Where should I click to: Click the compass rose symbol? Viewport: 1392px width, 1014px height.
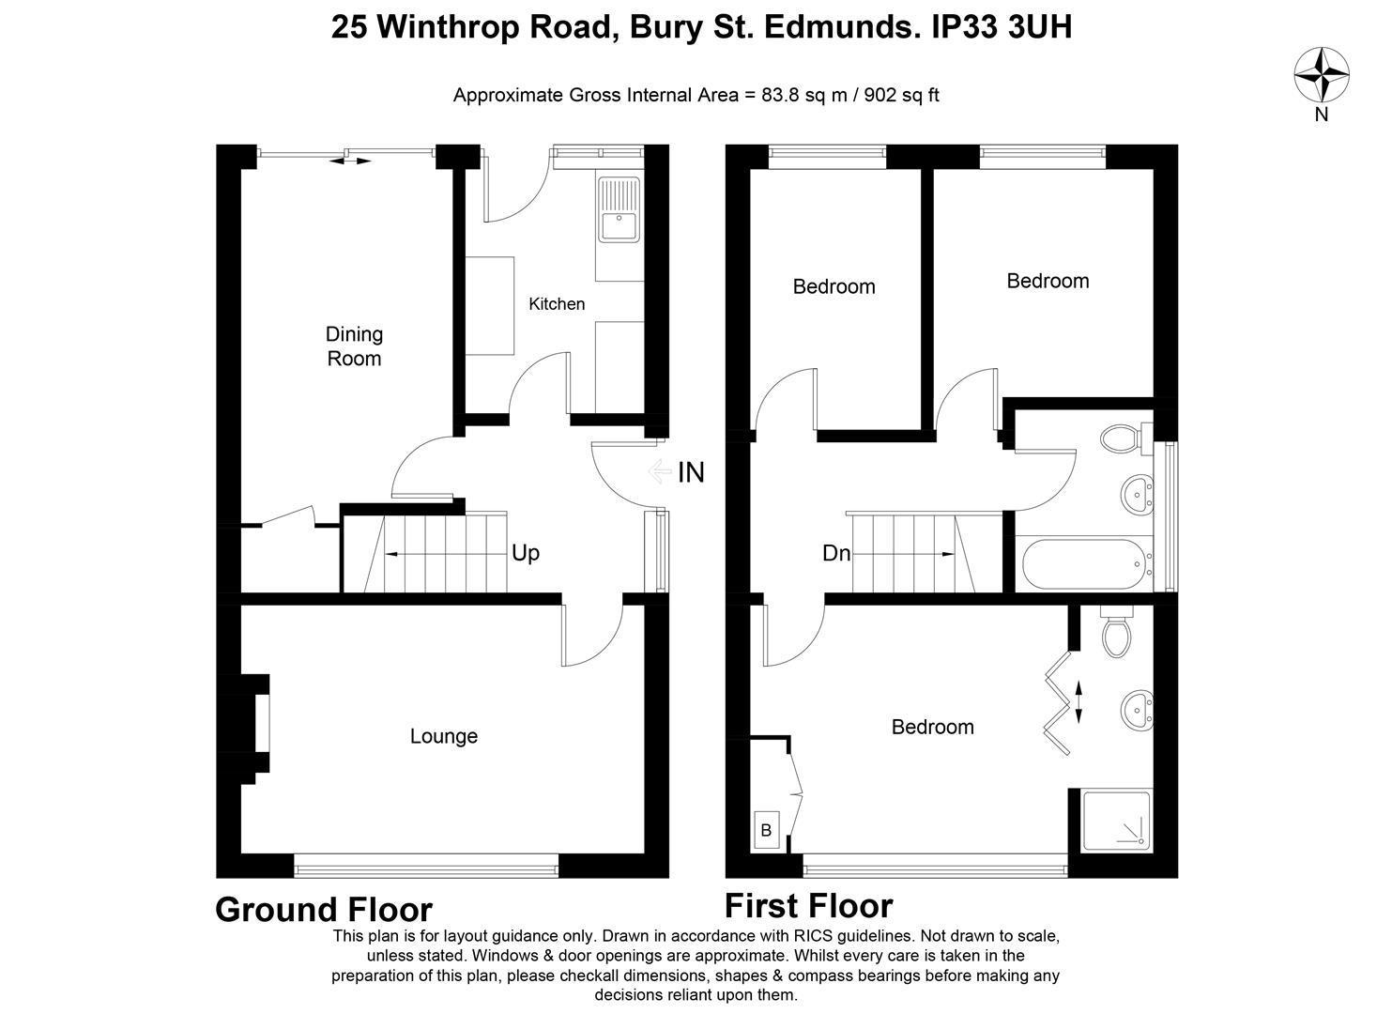point(1322,74)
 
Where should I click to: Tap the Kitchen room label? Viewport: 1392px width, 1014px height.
point(557,304)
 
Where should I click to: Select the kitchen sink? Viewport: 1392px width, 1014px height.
point(619,209)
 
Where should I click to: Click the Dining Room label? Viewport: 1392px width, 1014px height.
point(354,346)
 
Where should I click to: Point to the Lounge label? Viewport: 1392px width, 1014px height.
point(444,736)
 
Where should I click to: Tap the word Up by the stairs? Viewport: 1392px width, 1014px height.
point(525,553)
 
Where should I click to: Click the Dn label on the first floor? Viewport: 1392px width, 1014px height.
point(835,553)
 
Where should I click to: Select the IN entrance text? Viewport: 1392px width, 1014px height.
point(691,472)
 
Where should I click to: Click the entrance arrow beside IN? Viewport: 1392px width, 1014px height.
point(659,471)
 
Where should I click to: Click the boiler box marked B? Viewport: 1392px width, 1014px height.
point(766,830)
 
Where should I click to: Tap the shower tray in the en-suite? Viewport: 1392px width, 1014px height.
point(1116,821)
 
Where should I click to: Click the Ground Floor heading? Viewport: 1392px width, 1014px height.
point(324,910)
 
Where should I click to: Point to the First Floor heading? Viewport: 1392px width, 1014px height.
point(808,905)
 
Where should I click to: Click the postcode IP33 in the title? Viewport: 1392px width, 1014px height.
point(965,26)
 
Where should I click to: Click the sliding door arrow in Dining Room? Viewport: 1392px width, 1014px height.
point(350,161)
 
